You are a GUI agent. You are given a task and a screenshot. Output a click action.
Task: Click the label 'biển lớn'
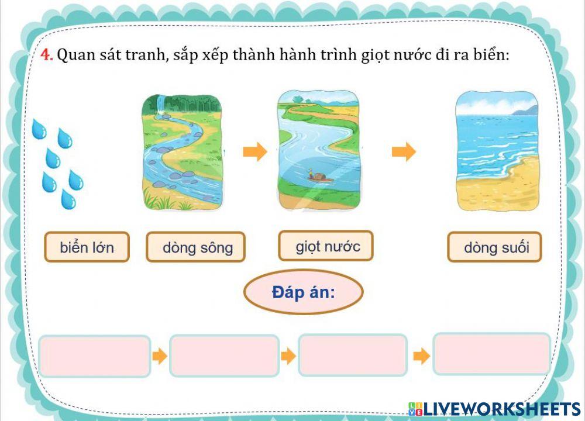coord(87,247)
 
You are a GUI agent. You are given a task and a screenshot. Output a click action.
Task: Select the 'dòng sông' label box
coord(195,247)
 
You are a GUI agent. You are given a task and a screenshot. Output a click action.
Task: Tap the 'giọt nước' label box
coord(326,246)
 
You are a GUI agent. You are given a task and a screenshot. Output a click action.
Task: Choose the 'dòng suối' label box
coord(495,247)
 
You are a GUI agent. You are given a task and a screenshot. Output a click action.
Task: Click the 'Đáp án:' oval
coord(303,292)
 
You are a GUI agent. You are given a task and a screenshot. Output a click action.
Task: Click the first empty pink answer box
coord(95,356)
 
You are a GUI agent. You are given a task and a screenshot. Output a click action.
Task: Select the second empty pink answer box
coord(224,356)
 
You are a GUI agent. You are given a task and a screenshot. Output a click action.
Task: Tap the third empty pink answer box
coord(353,356)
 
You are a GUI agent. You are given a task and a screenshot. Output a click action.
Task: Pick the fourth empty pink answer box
coord(491,353)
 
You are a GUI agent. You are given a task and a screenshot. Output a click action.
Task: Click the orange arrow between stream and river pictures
coord(254,152)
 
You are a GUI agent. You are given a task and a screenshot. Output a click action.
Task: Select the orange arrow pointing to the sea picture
coord(404,152)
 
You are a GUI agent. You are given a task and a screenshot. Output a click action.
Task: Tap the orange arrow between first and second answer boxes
coord(159,356)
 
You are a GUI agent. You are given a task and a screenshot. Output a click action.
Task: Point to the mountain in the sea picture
coord(525,109)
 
